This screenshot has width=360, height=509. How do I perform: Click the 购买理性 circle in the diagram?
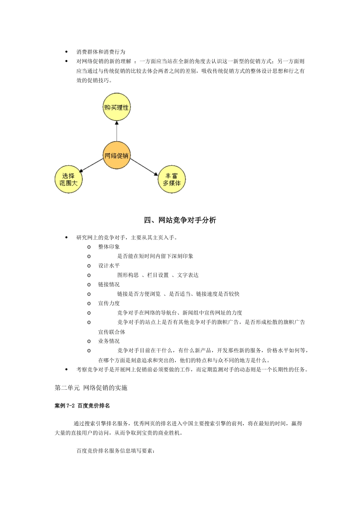[116, 108]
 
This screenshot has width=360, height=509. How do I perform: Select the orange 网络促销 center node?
[116, 156]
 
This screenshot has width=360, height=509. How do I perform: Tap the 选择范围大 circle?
[69, 180]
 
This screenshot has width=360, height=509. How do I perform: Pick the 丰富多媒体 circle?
[172, 180]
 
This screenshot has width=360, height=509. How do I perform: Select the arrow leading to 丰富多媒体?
[144, 167]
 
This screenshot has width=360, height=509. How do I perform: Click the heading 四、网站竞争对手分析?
[180, 220]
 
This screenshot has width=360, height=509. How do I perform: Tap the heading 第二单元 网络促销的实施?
[91, 388]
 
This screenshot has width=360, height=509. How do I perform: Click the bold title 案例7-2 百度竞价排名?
[82, 406]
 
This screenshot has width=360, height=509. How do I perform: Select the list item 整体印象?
[109, 247]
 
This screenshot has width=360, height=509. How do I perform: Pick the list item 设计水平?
[109, 266]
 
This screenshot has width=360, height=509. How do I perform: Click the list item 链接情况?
[109, 284]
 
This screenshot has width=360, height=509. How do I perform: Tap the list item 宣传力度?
[109, 303]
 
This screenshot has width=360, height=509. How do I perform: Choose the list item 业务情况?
[109, 341]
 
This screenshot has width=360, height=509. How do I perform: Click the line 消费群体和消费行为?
[101, 52]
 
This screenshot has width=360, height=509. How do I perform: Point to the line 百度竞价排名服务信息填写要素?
[115, 451]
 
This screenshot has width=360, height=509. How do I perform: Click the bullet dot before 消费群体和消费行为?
[67, 52]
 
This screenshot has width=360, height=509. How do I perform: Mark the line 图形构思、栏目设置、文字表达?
[158, 275]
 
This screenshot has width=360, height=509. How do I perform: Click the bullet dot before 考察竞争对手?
[67, 370]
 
